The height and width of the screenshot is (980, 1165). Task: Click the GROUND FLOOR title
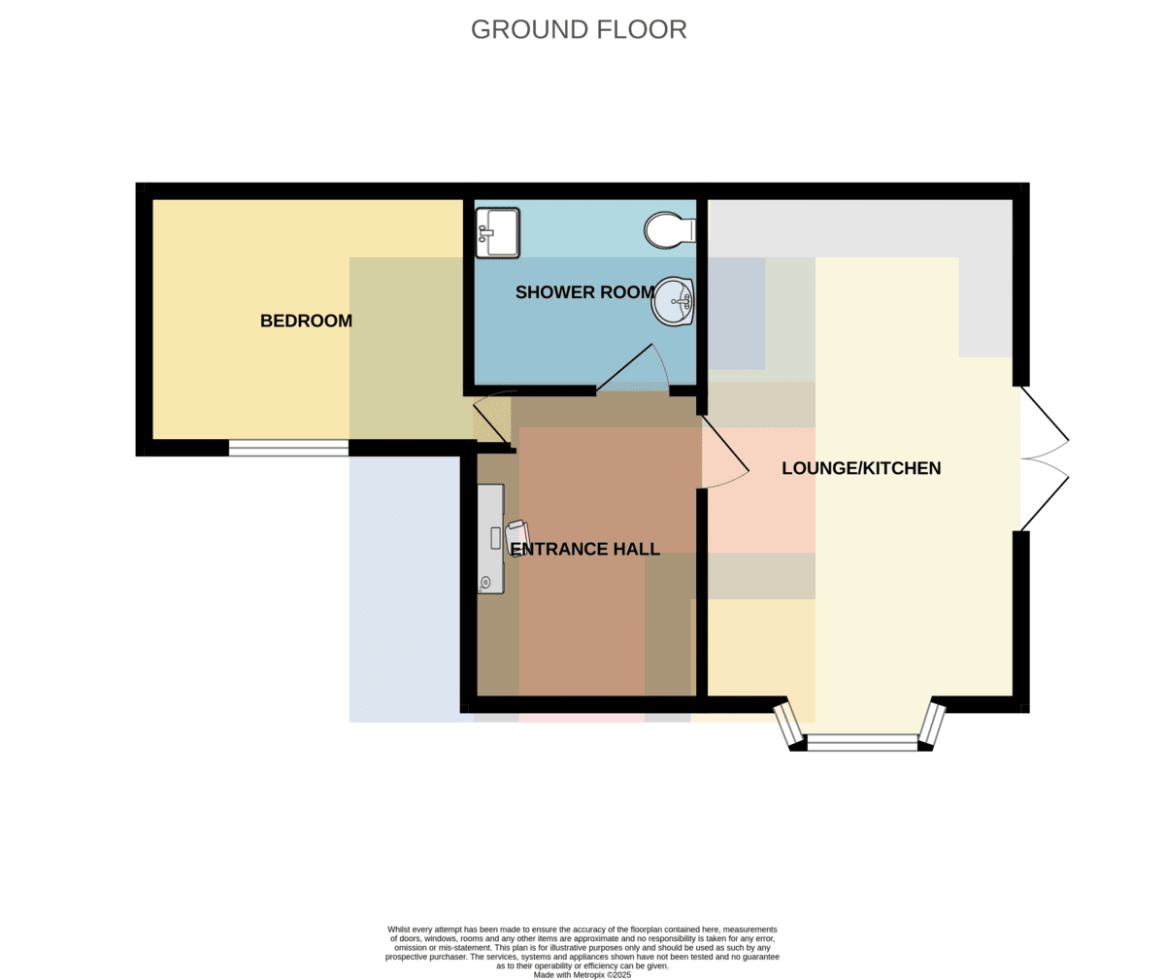(x=579, y=29)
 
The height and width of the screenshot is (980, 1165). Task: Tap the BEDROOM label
(x=307, y=321)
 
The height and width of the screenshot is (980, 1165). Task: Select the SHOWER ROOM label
(x=584, y=292)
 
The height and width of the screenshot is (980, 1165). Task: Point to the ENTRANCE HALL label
(x=585, y=549)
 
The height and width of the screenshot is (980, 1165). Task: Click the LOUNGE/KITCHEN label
(x=861, y=468)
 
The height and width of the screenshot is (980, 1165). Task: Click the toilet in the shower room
(x=670, y=230)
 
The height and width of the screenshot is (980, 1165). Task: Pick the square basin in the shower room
(x=497, y=233)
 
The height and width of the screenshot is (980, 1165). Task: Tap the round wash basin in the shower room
(x=673, y=302)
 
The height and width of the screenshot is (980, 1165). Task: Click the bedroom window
(x=288, y=448)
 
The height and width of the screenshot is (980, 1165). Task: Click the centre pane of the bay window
(x=862, y=742)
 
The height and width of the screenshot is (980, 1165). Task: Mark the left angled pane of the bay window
(x=788, y=725)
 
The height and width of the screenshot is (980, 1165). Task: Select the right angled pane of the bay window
(x=932, y=724)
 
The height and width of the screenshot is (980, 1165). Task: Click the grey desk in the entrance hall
(x=490, y=538)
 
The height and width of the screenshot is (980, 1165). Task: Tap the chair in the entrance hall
(x=517, y=538)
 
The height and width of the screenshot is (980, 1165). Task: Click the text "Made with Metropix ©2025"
(x=582, y=975)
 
